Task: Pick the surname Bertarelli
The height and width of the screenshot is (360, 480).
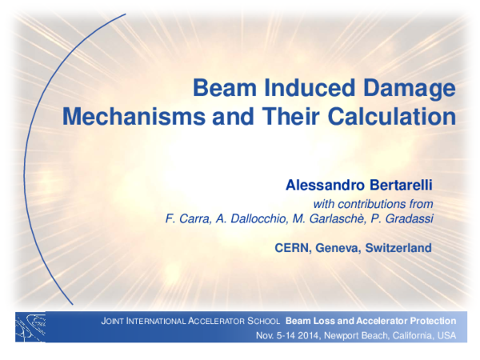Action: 398,186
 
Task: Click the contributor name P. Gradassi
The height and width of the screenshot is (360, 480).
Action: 405,219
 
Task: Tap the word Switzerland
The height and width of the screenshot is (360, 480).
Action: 398,248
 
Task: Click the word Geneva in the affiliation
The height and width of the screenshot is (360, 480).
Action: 338,248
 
